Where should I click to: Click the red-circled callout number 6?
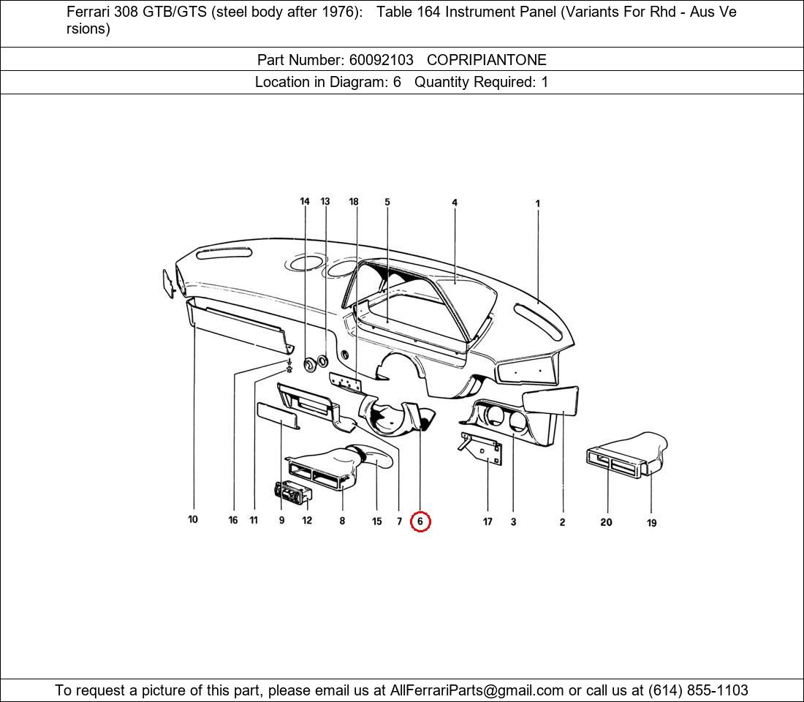pos(420,521)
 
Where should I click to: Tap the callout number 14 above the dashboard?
pos(305,202)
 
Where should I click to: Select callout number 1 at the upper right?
pos(538,204)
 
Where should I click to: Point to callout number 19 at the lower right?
pos(651,523)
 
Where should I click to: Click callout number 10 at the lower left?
pos(193,520)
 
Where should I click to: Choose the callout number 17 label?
pos(488,521)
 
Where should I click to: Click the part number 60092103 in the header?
pos(380,60)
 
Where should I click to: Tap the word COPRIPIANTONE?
pos(486,60)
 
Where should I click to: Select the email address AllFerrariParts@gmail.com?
pos(477,690)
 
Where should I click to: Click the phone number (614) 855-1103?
pos(698,690)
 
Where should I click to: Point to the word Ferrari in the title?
pos(89,12)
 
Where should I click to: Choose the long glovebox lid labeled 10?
pos(238,326)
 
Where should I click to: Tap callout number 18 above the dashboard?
pos(354,202)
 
